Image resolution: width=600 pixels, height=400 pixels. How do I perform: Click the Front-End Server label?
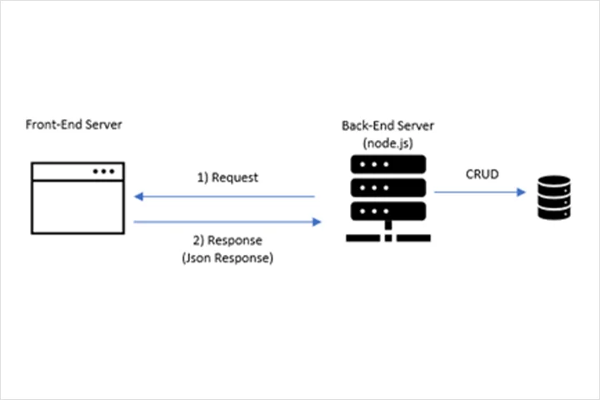pos(74,124)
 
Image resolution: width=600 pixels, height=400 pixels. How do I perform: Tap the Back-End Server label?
pos(387,126)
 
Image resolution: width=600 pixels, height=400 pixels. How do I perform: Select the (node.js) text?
pos(388,143)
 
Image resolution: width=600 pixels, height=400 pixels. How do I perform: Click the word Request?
pos(235,177)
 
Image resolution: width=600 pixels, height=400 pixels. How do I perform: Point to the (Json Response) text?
pos(227,258)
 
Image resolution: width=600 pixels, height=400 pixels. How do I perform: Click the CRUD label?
pos(482,174)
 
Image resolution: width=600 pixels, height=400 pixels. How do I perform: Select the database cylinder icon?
pos(554,197)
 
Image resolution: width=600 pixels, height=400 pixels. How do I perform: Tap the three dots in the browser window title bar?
pos(103,172)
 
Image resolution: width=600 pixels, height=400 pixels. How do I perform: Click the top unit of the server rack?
pos(388,165)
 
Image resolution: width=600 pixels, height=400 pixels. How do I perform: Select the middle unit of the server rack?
pos(388,188)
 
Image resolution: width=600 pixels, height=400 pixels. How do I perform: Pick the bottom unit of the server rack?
pos(388,212)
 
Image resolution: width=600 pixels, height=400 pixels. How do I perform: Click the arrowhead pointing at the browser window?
pos(138,197)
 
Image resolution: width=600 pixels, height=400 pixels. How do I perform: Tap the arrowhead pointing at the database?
pos(521,192)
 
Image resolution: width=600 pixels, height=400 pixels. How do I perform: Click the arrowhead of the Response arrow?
pos(317,222)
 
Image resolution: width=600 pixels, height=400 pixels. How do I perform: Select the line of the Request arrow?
pos(224,197)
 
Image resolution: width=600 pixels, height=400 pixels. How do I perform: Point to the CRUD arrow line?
pos(480,192)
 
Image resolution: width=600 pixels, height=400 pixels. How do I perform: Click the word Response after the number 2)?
pos(235,240)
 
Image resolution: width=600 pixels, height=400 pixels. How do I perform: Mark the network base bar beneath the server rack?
pos(388,238)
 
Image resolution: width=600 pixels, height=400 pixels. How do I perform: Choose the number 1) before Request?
pos(202,178)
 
